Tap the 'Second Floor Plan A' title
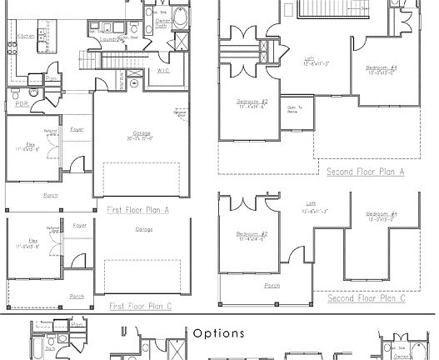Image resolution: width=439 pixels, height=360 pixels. tap(365, 172)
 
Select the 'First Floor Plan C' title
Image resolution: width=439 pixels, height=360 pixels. tap(139, 307)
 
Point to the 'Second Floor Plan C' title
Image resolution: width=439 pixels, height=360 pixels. tap(366, 297)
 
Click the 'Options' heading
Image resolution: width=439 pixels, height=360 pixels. tap(219, 333)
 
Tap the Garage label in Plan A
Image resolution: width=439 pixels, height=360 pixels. tap(142, 134)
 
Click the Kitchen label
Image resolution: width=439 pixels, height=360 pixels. tap(25, 36)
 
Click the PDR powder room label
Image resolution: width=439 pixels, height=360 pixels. tap(21, 104)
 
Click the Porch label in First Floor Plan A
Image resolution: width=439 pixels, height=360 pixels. tap(51, 195)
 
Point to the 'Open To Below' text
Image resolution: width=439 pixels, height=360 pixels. tap(293, 108)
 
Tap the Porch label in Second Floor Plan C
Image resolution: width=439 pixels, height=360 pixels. tap(272, 286)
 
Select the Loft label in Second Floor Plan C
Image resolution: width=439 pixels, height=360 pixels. tap(312, 203)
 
